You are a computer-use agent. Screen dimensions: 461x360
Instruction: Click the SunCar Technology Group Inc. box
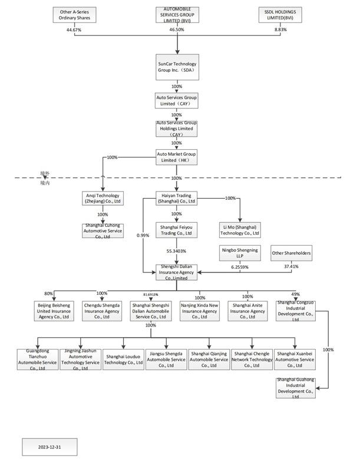177,66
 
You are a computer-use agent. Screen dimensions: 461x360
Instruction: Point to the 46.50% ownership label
177,29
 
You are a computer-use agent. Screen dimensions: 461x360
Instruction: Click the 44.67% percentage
73,29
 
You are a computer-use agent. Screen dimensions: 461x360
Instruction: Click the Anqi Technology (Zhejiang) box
103,198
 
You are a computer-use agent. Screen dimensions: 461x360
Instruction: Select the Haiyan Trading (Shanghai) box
177,198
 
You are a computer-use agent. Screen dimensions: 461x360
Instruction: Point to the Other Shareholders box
290,254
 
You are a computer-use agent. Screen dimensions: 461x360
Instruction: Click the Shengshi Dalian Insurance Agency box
177,272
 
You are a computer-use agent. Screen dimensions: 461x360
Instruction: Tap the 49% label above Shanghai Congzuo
295,294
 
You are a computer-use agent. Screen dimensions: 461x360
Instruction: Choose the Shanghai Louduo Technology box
124,360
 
